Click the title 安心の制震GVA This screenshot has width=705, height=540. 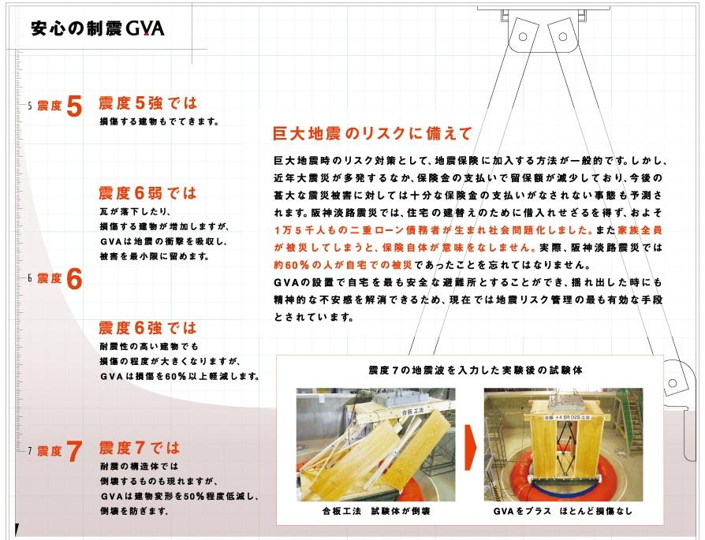[x=97, y=29]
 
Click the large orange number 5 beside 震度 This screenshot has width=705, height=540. [x=74, y=106]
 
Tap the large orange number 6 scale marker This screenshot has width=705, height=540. [x=74, y=279]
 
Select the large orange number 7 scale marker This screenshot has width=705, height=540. [x=74, y=452]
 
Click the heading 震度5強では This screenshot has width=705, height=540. [x=147, y=103]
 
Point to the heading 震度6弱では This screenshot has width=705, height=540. [x=147, y=193]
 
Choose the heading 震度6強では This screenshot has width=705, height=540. [x=147, y=328]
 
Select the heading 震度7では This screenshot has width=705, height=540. [x=139, y=449]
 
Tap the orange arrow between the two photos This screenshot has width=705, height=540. [x=471, y=445]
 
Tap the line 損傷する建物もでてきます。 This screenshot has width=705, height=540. [x=158, y=122]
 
